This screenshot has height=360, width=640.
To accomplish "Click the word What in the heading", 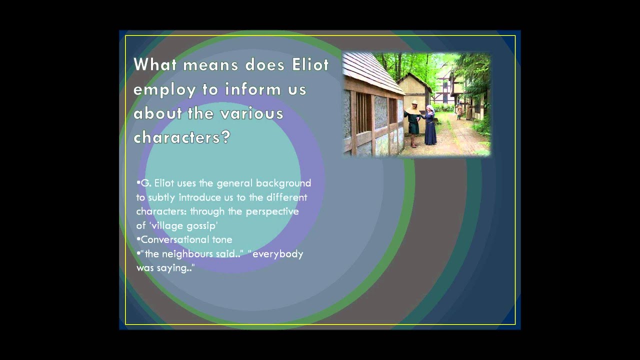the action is point(155,64).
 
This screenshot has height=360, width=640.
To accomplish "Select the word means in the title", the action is point(210,65).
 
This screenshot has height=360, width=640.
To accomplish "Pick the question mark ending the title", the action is point(225,137).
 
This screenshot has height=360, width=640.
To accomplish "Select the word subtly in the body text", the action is point(161,197).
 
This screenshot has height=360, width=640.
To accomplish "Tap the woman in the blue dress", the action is point(430,125).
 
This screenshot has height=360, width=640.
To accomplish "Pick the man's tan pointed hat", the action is point(414,102).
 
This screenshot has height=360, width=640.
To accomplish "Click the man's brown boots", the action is point(413,141).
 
